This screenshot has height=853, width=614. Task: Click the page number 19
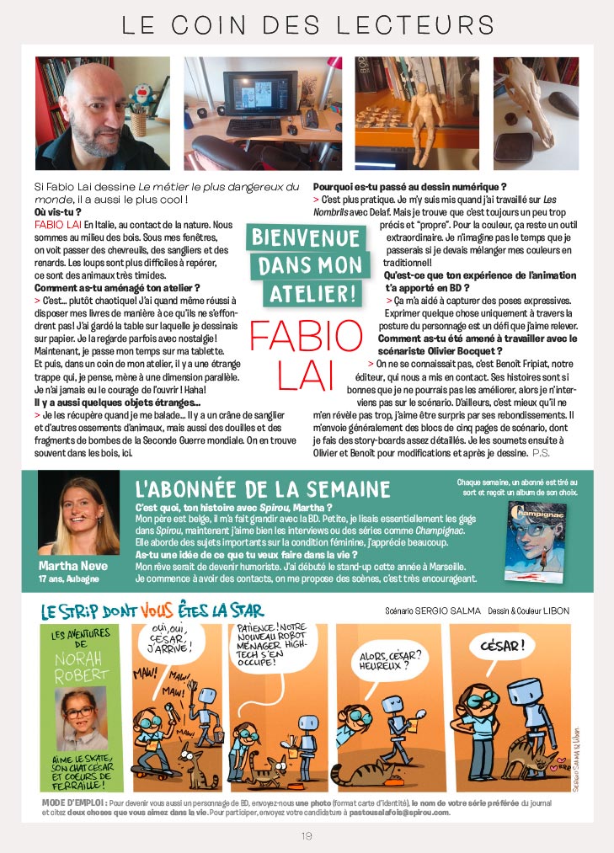[307, 835]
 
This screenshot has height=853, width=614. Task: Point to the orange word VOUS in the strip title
[158, 610]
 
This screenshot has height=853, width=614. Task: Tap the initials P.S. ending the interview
[542, 452]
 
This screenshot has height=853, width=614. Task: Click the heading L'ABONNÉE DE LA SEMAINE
[263, 489]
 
